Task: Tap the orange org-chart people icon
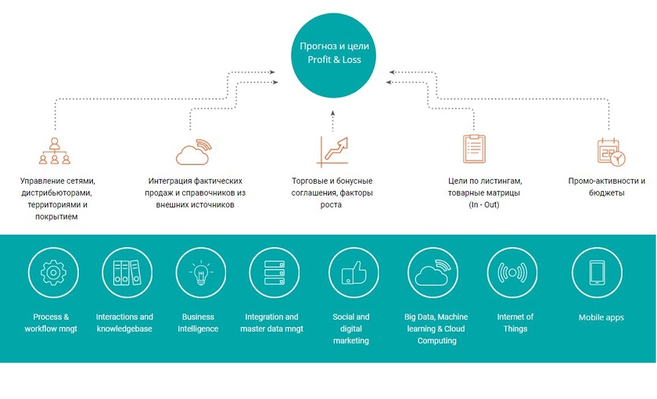(x=54, y=150)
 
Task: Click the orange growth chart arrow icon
(x=332, y=151)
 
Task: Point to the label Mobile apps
(x=600, y=318)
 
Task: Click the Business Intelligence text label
(x=199, y=323)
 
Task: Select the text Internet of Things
(x=515, y=322)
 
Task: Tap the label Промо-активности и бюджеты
(x=607, y=187)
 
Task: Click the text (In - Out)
(x=483, y=204)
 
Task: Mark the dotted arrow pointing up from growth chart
(x=332, y=119)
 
